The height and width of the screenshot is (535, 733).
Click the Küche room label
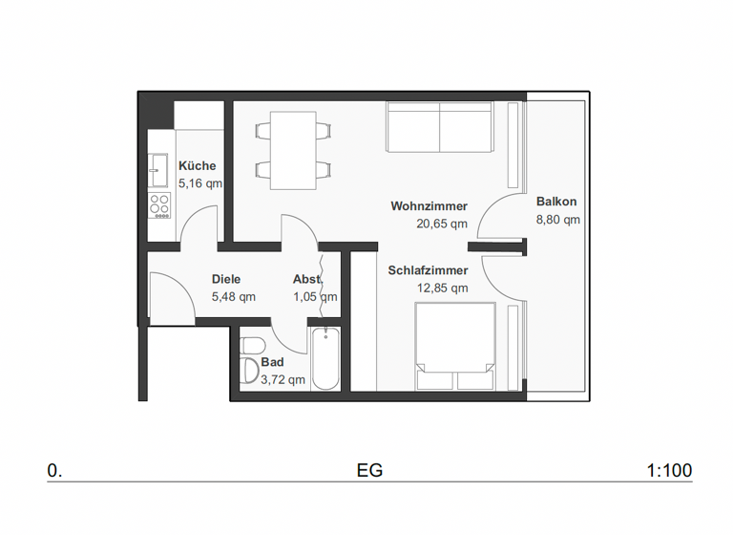[197, 166]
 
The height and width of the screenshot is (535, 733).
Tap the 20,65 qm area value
[441, 225]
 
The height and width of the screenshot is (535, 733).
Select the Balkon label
[556, 203]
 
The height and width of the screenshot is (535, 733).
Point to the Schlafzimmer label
[428, 270]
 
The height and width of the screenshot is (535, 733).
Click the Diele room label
[226, 280]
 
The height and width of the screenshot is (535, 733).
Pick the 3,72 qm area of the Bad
[283, 379]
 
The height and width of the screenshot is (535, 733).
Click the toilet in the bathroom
[252, 345]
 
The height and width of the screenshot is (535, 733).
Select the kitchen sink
[158, 173]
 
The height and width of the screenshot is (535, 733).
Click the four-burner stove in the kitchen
[159, 203]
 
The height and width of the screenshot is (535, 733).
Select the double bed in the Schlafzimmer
[455, 346]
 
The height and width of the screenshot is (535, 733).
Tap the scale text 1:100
[669, 471]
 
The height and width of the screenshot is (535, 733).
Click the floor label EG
[369, 471]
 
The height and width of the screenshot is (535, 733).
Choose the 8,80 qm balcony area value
[557, 219]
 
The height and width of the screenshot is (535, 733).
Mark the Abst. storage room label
[307, 280]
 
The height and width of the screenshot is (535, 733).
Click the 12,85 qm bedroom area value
[442, 288]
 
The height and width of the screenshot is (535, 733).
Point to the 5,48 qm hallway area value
[233, 297]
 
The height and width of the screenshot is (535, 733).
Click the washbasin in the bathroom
[249, 372]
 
